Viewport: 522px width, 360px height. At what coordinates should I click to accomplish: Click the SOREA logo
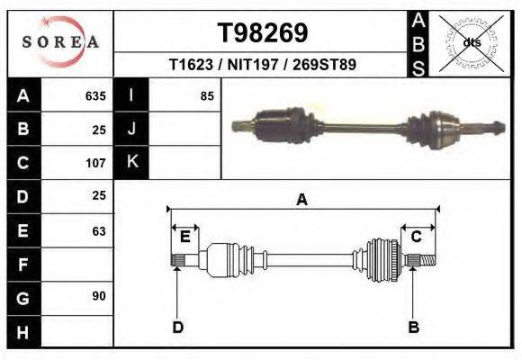pos(59,42)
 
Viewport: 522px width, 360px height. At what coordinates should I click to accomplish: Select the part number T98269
pos(263,33)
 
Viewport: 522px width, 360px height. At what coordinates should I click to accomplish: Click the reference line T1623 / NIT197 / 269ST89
pos(263,66)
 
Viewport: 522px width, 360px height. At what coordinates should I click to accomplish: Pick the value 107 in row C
pos(95,164)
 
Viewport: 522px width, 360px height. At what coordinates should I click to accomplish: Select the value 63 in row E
pos(98,231)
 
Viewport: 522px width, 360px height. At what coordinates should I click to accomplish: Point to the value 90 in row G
pos(98,296)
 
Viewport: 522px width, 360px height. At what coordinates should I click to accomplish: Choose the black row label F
pos(23,265)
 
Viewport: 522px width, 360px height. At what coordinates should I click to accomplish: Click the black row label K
pos(131,162)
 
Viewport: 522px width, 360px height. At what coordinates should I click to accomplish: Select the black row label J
pos(131,129)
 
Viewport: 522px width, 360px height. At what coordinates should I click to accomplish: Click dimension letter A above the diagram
pos(301,200)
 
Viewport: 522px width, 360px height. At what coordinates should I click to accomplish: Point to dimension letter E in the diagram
pos(184,237)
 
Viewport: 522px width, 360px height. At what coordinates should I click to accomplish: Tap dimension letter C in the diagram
pos(416,237)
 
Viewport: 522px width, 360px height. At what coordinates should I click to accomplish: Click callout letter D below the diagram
pos(177,327)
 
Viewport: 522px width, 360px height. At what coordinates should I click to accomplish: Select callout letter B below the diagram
pos(413,327)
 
